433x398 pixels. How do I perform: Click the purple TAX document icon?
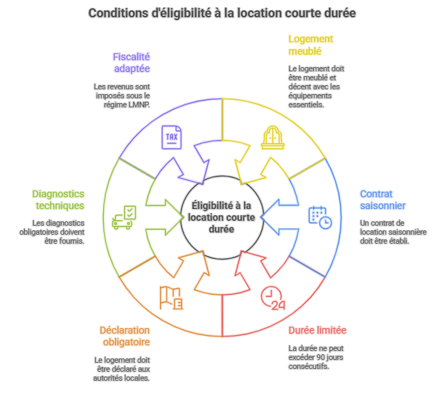click(x=172, y=137)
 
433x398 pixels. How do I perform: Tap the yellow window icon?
click(x=272, y=137)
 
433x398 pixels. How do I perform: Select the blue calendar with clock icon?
click(x=320, y=217)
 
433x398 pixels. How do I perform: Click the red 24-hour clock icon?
click(x=272, y=298)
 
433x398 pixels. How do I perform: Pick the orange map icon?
click(x=171, y=298)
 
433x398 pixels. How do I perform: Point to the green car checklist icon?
click(x=124, y=217)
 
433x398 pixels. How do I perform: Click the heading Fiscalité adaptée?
click(x=132, y=62)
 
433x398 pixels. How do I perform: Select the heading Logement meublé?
click(x=310, y=45)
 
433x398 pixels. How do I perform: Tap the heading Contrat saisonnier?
click(x=382, y=199)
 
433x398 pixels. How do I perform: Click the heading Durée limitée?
click(x=317, y=330)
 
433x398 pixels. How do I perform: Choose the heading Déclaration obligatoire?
click(x=125, y=336)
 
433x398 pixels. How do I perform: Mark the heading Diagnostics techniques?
click(x=58, y=199)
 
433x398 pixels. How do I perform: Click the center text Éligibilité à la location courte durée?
click(x=222, y=217)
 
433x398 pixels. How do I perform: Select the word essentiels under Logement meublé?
click(x=306, y=105)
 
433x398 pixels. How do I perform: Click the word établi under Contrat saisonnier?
click(x=399, y=241)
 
